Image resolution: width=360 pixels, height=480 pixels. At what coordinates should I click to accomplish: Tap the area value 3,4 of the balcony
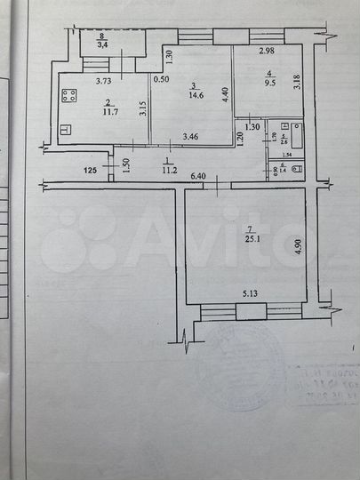click(103, 42)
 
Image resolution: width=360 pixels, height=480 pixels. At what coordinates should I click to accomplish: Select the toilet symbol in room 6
click(296, 166)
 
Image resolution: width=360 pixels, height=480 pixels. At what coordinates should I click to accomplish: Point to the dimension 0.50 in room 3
click(161, 80)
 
